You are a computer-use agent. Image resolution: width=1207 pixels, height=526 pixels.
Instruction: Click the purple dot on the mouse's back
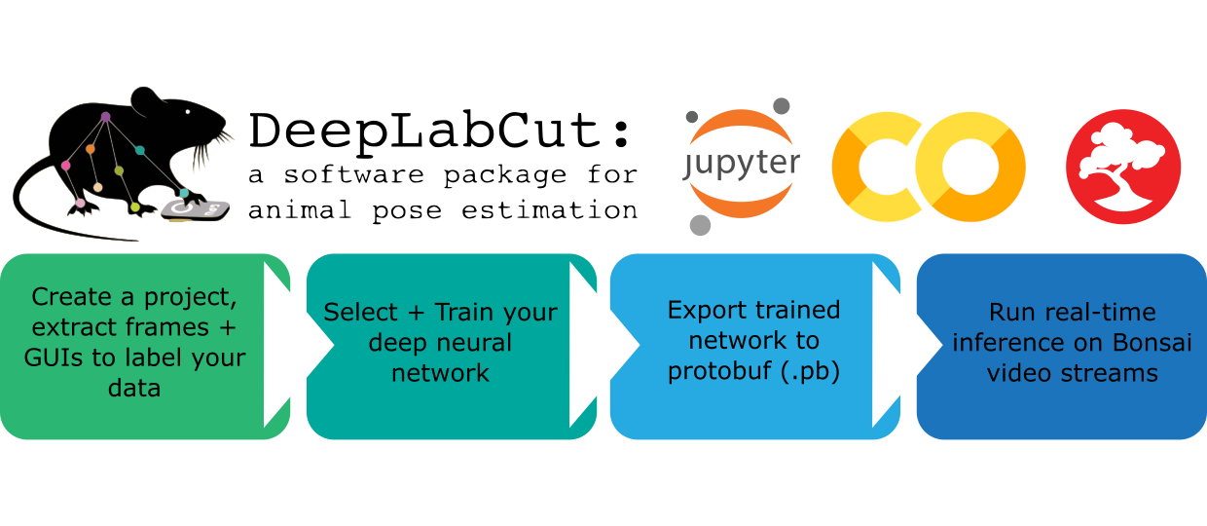pos(105,117)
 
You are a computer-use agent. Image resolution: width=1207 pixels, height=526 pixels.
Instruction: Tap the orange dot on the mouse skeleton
pos(90,150)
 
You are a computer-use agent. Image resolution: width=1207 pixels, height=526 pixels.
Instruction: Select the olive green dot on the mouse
pos(119,171)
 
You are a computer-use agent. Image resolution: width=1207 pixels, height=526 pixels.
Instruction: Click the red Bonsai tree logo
pos(1123,167)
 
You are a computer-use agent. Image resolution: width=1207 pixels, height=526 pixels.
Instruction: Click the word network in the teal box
pos(440,373)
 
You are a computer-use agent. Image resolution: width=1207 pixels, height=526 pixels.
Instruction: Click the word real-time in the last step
pos(1104,313)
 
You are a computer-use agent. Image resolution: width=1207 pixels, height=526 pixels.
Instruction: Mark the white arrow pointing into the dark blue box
pos(890,343)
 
